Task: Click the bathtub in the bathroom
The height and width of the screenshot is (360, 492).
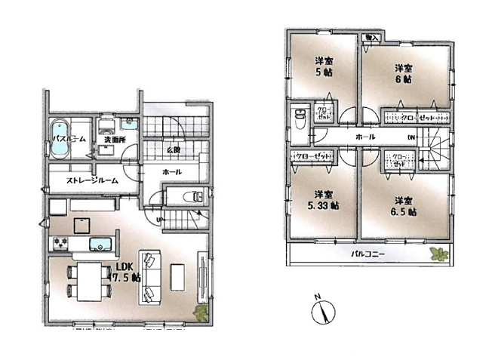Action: pyautogui.click(x=60, y=138)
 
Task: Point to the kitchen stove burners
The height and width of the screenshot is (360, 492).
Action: pyautogui.click(x=61, y=243)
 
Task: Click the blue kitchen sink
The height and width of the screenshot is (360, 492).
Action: pyautogui.click(x=100, y=244)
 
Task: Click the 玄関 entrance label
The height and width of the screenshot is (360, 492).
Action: pyautogui.click(x=173, y=149)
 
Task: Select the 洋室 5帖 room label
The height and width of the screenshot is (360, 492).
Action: pyautogui.click(x=324, y=66)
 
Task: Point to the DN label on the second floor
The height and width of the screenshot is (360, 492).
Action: pyautogui.click(x=411, y=137)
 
